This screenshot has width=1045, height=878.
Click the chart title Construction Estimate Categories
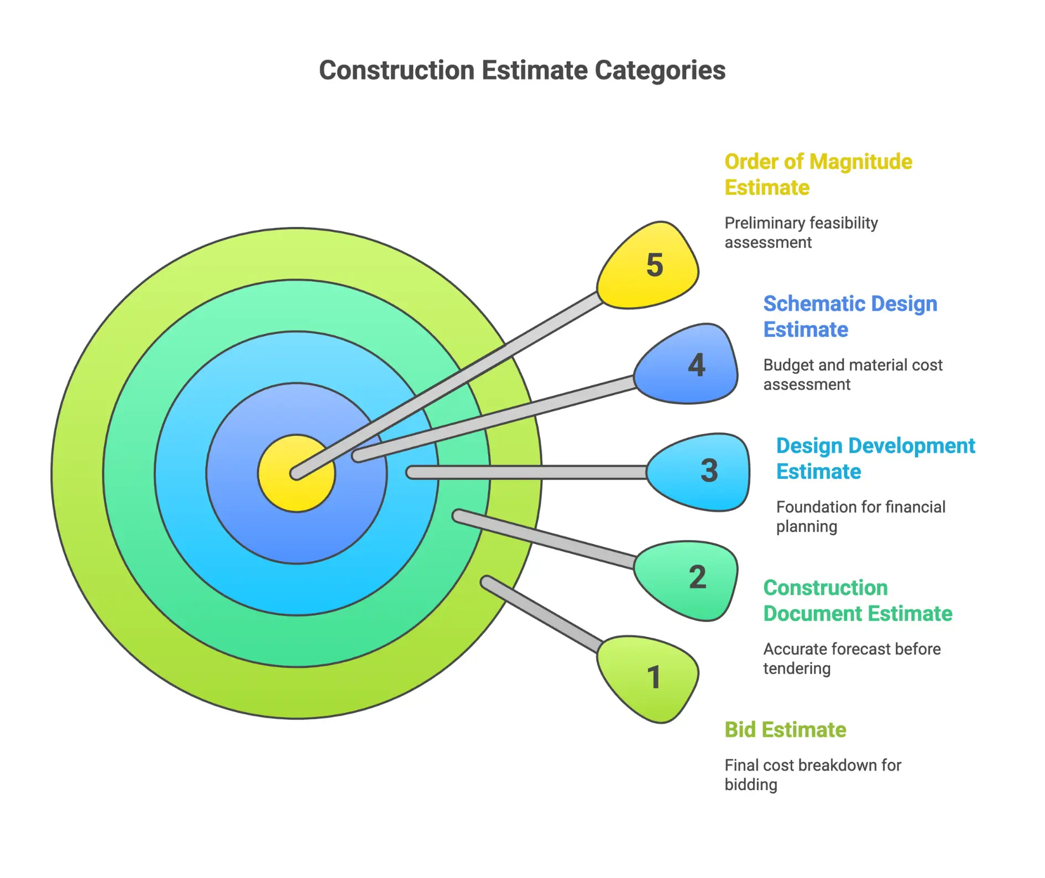click(522, 71)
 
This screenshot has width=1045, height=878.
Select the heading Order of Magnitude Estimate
click(818, 175)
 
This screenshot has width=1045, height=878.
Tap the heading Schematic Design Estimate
click(850, 316)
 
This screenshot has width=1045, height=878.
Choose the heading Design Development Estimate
click(875, 458)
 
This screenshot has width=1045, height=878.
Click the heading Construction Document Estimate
click(857, 600)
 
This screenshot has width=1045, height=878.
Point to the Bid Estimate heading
click(785, 730)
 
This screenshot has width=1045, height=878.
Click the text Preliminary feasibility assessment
click(801, 233)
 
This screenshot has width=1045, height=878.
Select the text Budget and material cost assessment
click(852, 375)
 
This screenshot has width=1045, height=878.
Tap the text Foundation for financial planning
click(860, 516)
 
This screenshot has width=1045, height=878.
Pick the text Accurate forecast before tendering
click(851, 658)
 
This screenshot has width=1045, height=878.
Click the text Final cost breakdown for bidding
click(812, 775)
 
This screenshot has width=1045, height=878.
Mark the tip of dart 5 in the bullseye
click(297, 473)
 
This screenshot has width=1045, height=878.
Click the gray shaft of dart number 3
click(525, 472)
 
